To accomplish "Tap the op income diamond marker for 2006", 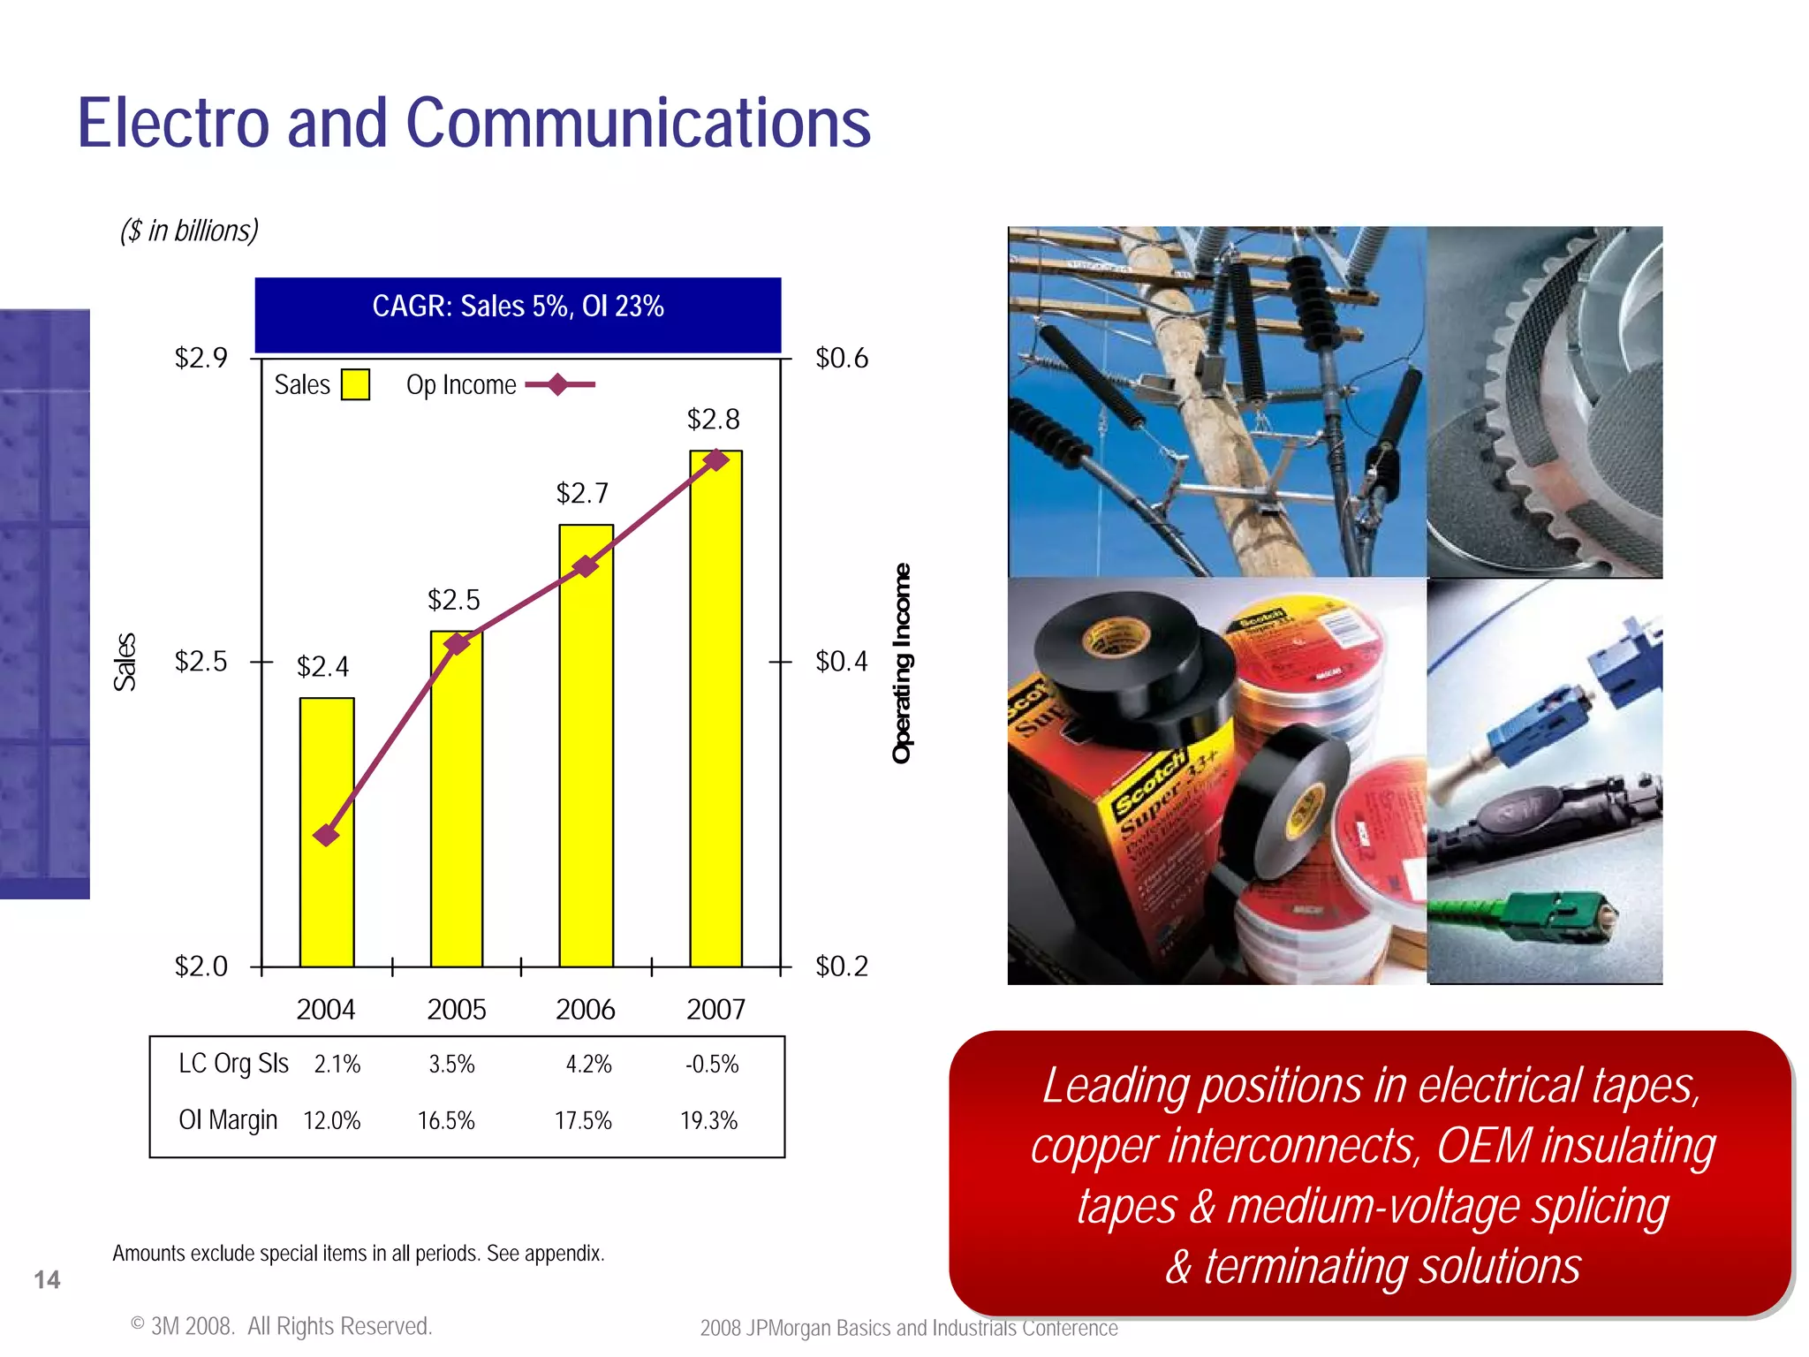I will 586,566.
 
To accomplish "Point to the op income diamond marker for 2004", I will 327,835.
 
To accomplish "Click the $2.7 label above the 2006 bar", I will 582,493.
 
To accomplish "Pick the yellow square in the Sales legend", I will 355,385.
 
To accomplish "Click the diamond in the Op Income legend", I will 558,385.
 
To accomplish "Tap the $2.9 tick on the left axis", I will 201,358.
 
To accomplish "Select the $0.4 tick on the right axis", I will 841,661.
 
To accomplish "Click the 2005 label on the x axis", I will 456,1009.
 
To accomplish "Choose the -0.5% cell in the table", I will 712,1064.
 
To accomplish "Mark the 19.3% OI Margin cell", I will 708,1120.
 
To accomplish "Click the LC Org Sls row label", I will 233,1064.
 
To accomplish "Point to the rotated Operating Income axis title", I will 901,663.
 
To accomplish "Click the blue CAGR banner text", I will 518,307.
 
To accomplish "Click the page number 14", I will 47,1279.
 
